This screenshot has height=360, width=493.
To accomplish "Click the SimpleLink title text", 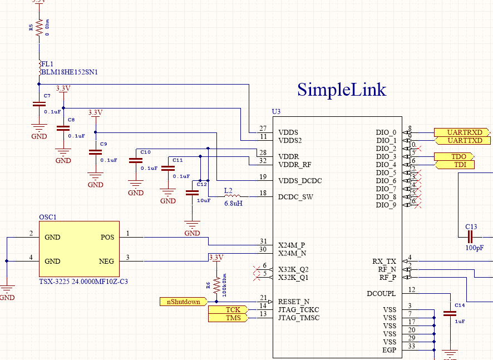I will coord(341,90).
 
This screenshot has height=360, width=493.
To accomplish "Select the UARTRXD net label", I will coord(461,132).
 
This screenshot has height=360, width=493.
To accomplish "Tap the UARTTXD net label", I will coord(461,141).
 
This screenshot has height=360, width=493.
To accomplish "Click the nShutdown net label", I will coord(183,302).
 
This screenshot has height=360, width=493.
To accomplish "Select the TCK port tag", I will coord(232,309).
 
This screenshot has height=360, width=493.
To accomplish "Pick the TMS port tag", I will coord(232,318).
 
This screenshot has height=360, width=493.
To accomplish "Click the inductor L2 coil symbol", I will coord(231,196).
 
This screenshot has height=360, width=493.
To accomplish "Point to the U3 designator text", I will coord(276,112).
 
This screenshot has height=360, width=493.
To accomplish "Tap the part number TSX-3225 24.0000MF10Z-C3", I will coord(83,282).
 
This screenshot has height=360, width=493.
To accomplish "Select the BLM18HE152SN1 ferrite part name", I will coord(69,72).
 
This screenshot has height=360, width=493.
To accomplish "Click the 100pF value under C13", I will coord(475,248).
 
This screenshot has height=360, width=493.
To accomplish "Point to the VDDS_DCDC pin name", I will coord(300,181).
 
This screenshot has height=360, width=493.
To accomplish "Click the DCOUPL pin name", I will coord(381,293).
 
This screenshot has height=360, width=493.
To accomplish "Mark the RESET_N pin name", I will coord(293,302).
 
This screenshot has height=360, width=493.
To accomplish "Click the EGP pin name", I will coord(389,349).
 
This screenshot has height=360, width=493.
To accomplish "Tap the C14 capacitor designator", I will coord(459,305).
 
